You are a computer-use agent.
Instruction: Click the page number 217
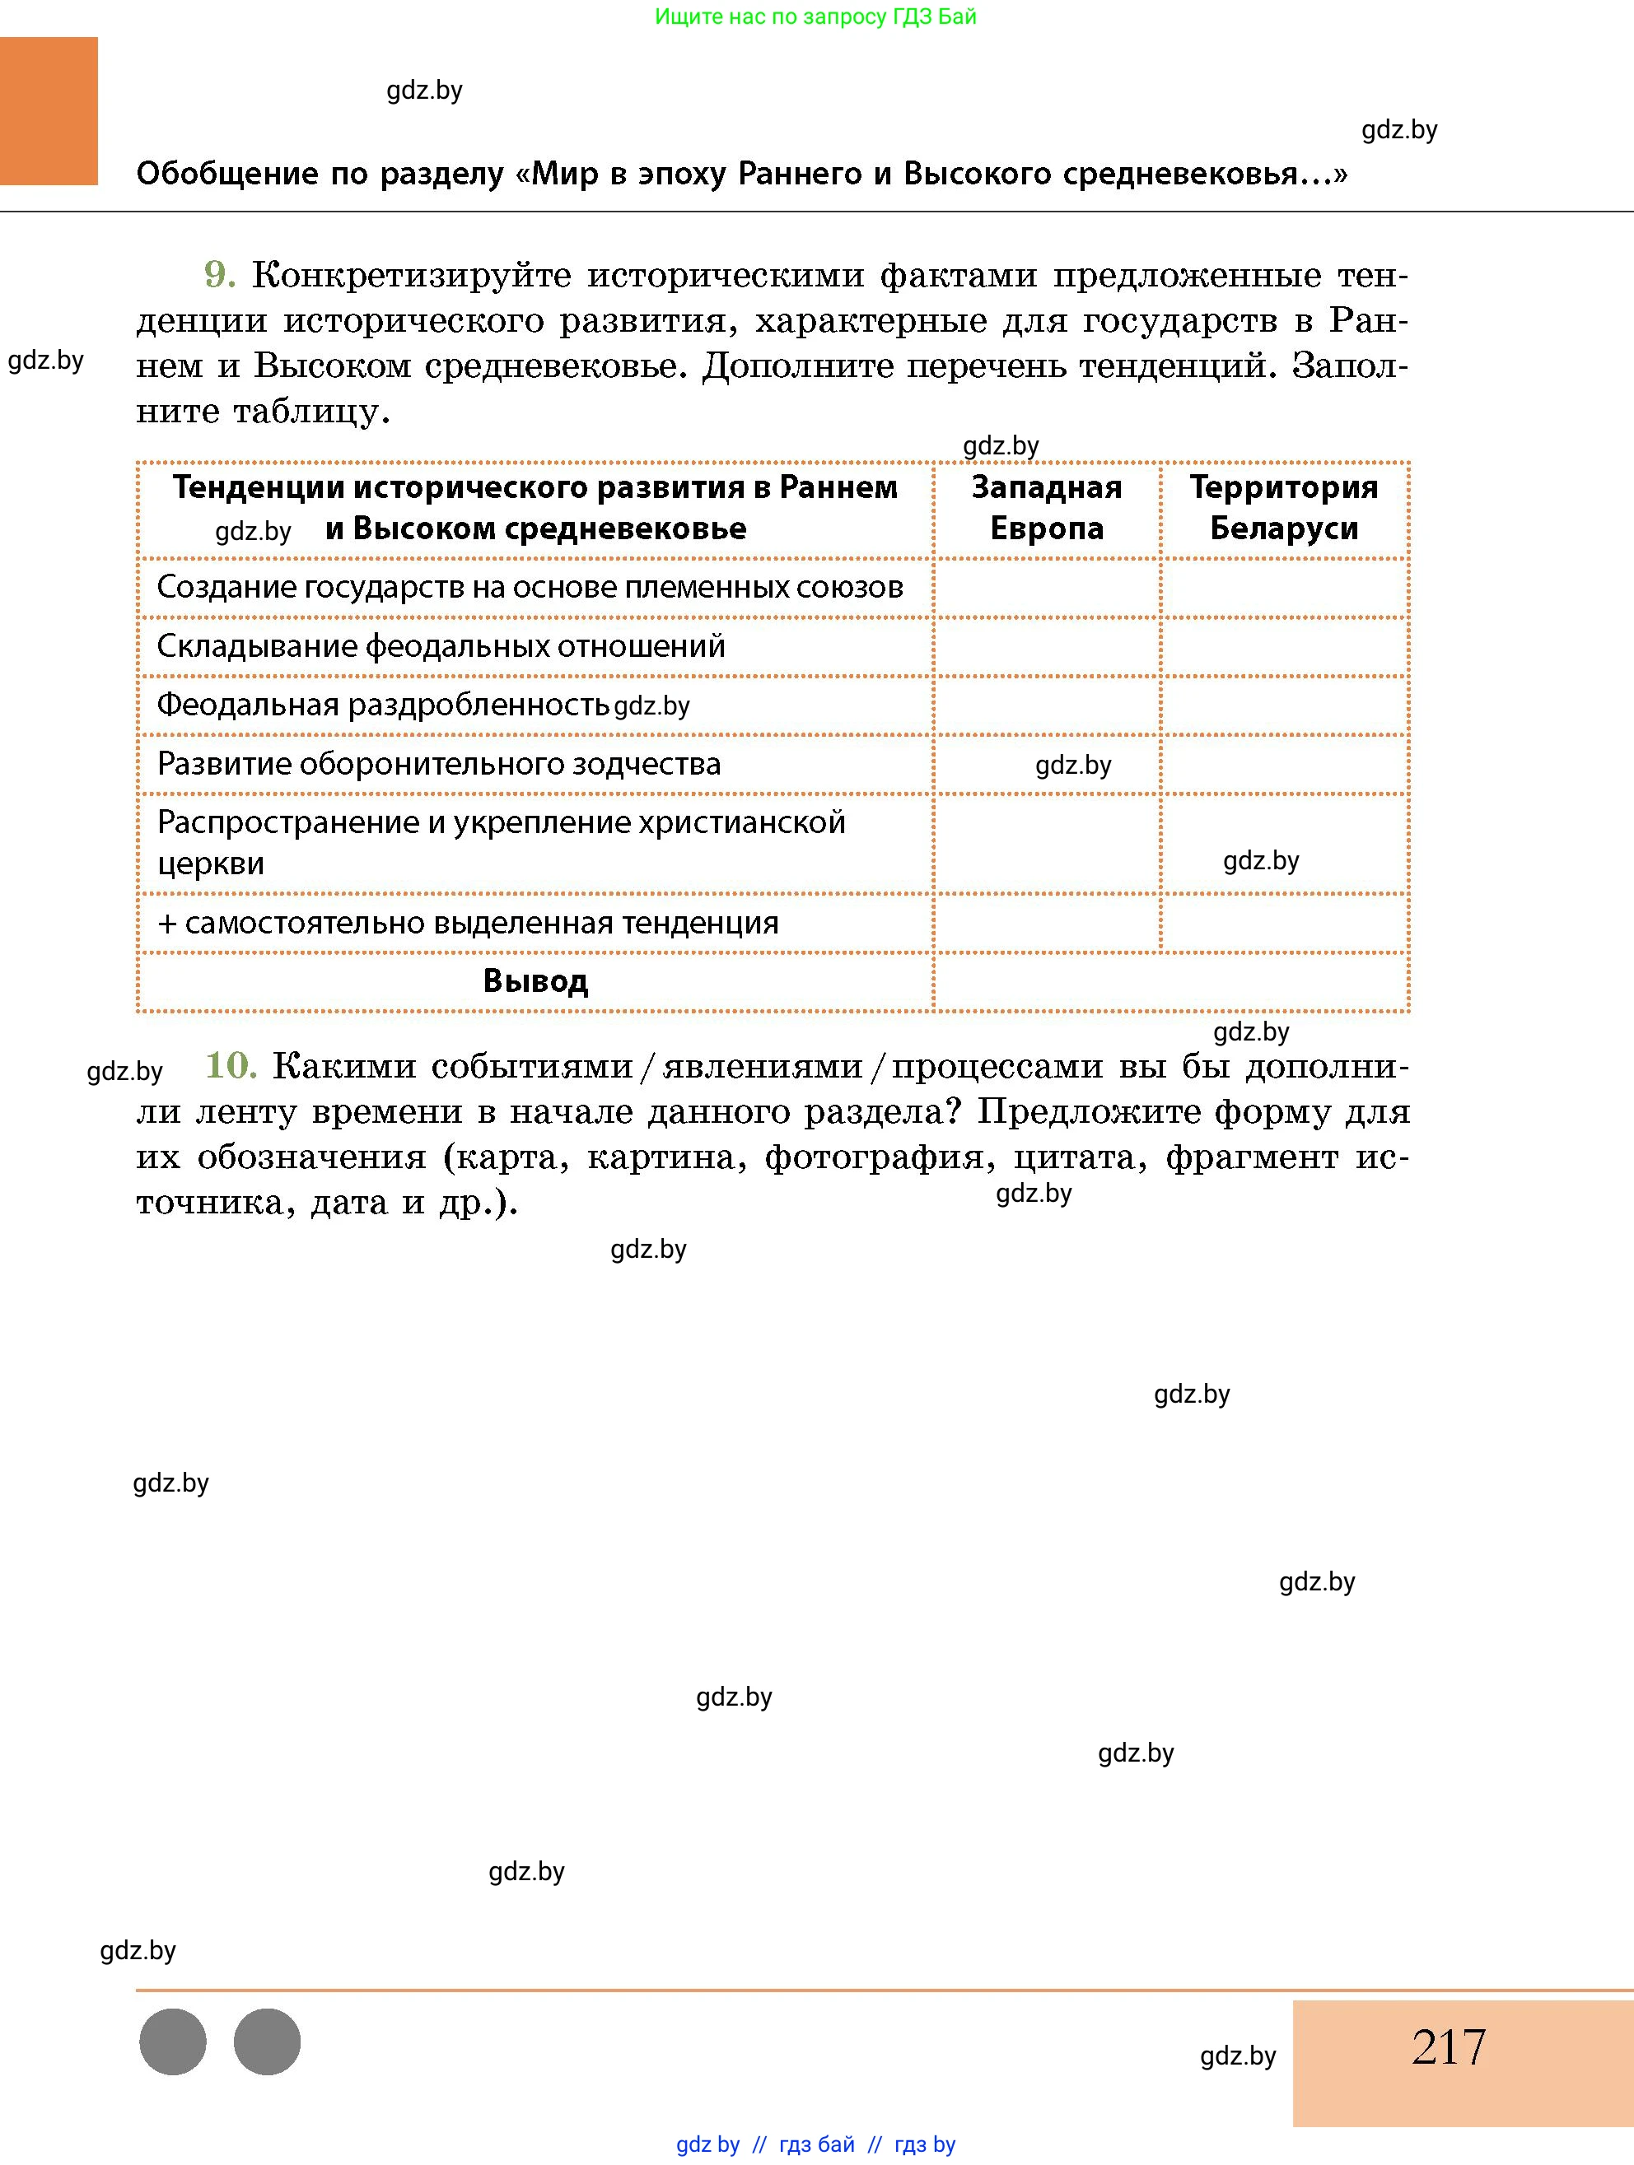(x=1448, y=2046)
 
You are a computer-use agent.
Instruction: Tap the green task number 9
(x=219, y=275)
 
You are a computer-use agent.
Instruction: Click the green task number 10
(x=231, y=1065)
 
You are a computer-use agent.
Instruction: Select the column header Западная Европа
(x=1047, y=508)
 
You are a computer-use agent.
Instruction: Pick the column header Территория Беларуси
(x=1283, y=508)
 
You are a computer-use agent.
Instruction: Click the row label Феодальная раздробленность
(x=383, y=705)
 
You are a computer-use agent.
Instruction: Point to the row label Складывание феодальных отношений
(x=441, y=646)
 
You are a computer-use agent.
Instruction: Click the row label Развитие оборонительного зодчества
(x=439, y=763)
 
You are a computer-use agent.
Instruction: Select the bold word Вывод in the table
(x=535, y=980)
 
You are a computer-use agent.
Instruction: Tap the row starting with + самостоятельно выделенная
(x=468, y=923)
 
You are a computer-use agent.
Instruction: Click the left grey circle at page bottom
(x=173, y=2042)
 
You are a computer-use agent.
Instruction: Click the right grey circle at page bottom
(x=268, y=2042)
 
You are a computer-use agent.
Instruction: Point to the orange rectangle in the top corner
(x=49, y=110)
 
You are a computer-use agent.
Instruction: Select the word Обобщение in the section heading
(x=226, y=175)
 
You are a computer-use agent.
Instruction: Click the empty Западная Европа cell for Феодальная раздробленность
(x=1047, y=705)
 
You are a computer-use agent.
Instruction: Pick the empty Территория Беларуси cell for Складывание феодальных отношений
(x=1283, y=646)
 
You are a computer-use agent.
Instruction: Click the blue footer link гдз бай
(x=816, y=2144)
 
